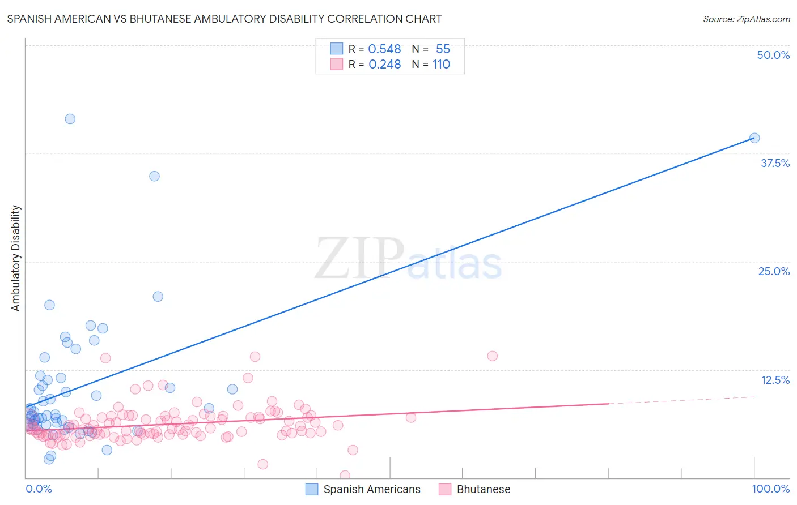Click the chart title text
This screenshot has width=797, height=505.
[224, 19]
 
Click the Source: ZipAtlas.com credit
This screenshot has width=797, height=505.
[746, 19]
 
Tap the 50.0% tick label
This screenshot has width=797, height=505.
[773, 55]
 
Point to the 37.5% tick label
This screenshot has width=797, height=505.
[774, 163]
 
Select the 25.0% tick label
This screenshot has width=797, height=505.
[773, 271]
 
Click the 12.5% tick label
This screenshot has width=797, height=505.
[774, 380]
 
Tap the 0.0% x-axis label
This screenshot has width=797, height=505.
[39, 489]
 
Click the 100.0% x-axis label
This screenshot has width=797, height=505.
[770, 489]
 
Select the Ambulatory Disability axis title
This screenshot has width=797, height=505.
[16, 258]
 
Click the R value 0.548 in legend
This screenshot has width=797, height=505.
[384, 49]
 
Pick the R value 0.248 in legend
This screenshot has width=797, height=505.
[384, 65]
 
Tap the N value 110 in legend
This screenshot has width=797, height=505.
[441, 65]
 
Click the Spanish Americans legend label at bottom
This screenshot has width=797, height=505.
[372, 489]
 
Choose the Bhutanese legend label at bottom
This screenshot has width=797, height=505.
[483, 489]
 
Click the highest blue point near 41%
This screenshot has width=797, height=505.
[70, 119]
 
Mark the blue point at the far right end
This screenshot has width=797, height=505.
[754, 138]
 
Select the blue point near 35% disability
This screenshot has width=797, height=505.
[154, 176]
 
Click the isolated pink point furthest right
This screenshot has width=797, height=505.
[492, 356]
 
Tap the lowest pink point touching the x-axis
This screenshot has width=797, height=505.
[345, 476]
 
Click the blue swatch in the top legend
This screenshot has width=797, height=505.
[337, 49]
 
